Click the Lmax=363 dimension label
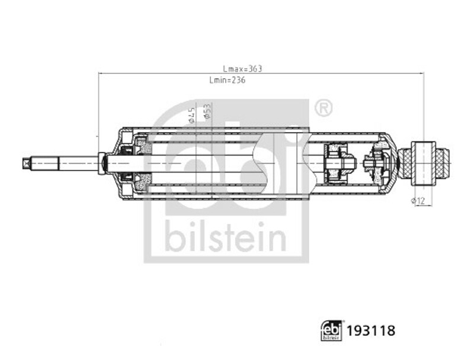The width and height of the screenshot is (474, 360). coord(242,69)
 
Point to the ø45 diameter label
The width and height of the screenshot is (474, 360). coord(192,114)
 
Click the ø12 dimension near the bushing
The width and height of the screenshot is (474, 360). coord(418,201)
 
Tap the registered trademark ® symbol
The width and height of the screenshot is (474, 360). coord(323,108)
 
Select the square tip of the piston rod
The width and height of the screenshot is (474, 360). coord(25,161)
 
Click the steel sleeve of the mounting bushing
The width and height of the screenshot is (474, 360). coord(425,160)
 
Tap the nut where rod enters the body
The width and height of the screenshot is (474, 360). coord(103,160)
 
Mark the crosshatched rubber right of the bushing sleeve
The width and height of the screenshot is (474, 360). coord(443,160)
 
